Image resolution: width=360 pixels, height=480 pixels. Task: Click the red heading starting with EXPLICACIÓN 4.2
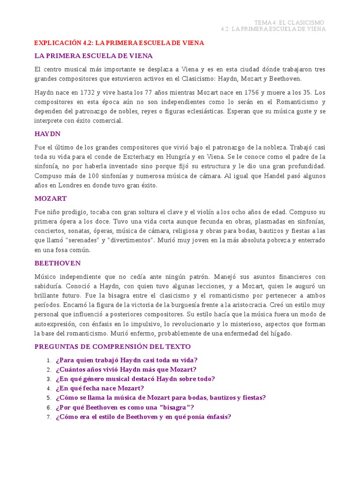tap(119, 43)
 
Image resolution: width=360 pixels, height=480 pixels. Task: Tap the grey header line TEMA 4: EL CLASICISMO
tap(289, 22)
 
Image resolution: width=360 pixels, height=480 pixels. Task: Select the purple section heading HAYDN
tap(47, 134)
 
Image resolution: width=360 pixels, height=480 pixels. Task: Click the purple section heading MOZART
tap(50, 198)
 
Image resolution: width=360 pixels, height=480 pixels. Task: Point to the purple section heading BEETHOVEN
tap(58, 263)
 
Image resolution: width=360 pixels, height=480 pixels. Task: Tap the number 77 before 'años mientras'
tap(150, 92)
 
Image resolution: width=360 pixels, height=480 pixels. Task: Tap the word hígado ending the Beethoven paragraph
tap(281, 333)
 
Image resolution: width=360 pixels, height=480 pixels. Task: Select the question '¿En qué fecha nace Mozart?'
tap(100, 388)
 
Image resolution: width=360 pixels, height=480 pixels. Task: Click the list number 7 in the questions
tap(49, 417)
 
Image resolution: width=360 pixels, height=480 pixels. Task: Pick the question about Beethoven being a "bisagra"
tap(125, 407)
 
